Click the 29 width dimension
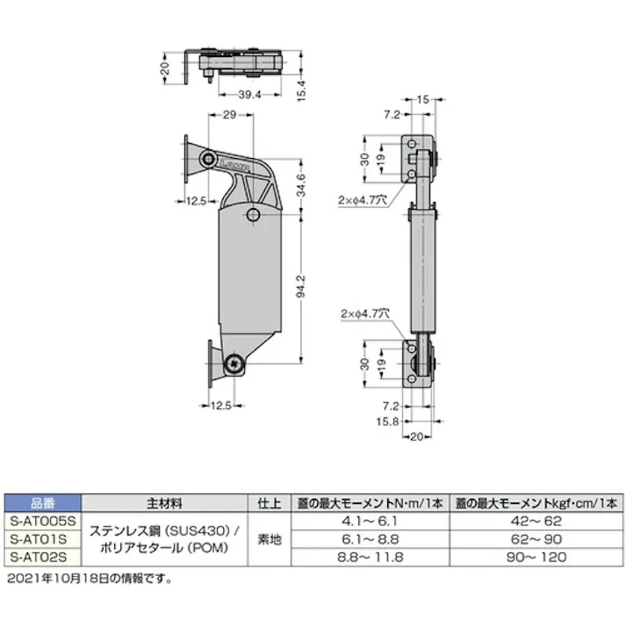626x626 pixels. (227, 116)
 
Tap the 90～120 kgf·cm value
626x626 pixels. (536, 557)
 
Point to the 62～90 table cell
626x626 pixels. (536, 538)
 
